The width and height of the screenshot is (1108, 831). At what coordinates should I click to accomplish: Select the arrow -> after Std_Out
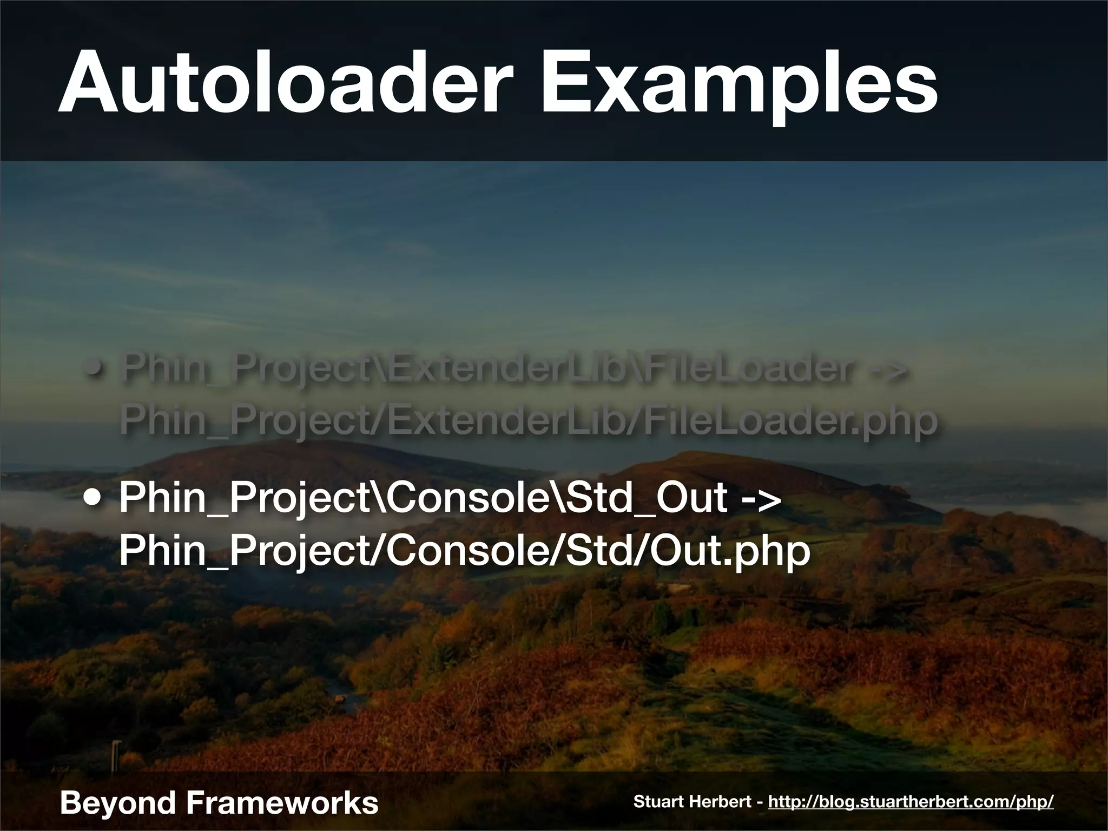pos(760,499)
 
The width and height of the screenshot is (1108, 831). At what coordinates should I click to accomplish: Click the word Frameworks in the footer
pos(282,802)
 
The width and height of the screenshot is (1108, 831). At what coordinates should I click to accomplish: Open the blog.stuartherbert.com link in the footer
pos(911,801)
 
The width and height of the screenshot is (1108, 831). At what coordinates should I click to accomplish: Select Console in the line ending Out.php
pos(468,552)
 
